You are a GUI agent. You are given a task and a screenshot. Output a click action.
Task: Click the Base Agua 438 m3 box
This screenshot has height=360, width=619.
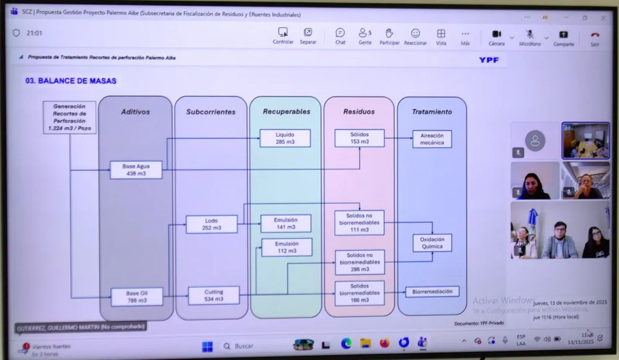136,169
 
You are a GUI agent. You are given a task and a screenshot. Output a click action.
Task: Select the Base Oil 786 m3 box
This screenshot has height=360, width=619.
136,296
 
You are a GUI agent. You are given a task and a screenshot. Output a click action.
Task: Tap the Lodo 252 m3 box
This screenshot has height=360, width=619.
212,224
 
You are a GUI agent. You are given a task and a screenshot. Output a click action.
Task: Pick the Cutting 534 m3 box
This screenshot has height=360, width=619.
214,295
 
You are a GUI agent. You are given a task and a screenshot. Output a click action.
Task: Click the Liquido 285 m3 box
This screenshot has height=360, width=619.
285,138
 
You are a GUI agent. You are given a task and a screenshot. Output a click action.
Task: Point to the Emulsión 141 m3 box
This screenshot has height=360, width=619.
286,223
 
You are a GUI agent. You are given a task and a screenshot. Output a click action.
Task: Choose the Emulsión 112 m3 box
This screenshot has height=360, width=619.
287,247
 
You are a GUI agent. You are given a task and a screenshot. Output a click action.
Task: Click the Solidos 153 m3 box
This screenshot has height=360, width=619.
360,138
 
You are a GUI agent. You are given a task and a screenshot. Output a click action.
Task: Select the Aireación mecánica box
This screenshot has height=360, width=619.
432,139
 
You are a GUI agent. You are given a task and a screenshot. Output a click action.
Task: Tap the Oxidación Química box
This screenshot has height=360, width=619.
432,242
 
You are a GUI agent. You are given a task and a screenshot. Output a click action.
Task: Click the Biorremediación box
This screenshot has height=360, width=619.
432,291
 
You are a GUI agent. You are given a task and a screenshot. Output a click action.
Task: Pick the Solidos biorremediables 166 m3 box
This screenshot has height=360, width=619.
360,293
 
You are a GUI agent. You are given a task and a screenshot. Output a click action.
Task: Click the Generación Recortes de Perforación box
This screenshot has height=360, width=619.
69,118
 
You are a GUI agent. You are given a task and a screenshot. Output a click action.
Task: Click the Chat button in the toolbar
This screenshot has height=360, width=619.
340,36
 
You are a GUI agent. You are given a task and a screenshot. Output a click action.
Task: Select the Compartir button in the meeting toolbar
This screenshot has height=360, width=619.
563,37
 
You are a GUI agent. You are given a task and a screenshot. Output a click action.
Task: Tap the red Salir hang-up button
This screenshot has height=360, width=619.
595,37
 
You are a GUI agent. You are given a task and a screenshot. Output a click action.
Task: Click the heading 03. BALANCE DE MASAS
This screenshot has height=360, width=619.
71,81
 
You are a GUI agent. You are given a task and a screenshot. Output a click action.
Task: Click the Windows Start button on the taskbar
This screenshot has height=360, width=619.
207,346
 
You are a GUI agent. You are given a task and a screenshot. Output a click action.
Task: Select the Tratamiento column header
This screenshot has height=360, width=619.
432,112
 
